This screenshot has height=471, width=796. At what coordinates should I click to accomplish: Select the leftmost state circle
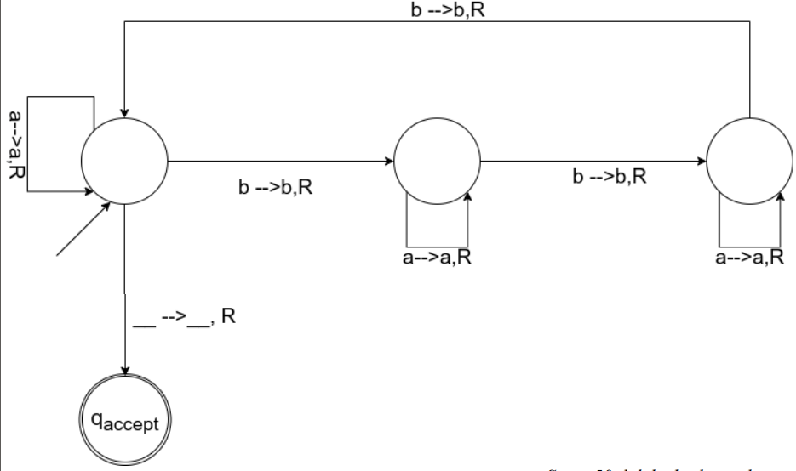(x=124, y=159)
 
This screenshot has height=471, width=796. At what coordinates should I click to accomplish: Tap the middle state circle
(x=437, y=159)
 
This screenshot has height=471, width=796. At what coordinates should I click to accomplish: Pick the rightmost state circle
(x=749, y=159)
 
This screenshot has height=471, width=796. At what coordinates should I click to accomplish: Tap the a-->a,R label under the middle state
(x=437, y=257)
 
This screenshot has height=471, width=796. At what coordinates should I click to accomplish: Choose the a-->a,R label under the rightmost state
(x=750, y=257)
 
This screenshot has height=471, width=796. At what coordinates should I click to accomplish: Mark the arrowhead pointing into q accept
(x=126, y=370)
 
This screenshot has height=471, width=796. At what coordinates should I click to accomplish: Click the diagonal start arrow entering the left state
(x=81, y=230)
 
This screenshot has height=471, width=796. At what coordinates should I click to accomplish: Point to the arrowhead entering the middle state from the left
(x=389, y=159)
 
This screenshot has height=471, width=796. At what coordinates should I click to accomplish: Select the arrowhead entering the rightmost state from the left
(x=702, y=159)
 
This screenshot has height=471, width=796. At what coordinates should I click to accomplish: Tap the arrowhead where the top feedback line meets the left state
(x=125, y=111)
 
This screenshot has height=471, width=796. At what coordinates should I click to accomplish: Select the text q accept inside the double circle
(x=126, y=421)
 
